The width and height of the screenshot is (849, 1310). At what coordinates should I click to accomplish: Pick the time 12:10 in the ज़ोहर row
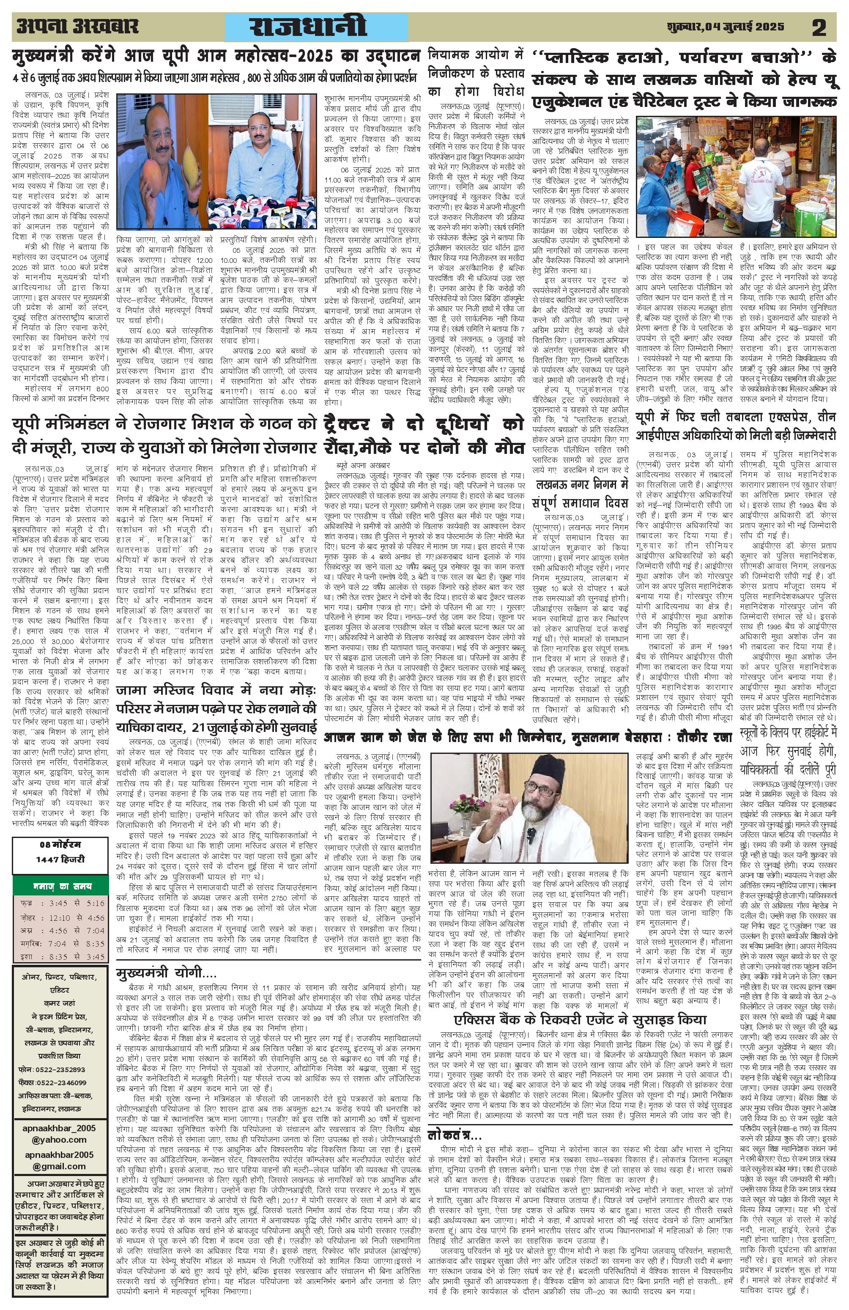pos(58,917)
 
